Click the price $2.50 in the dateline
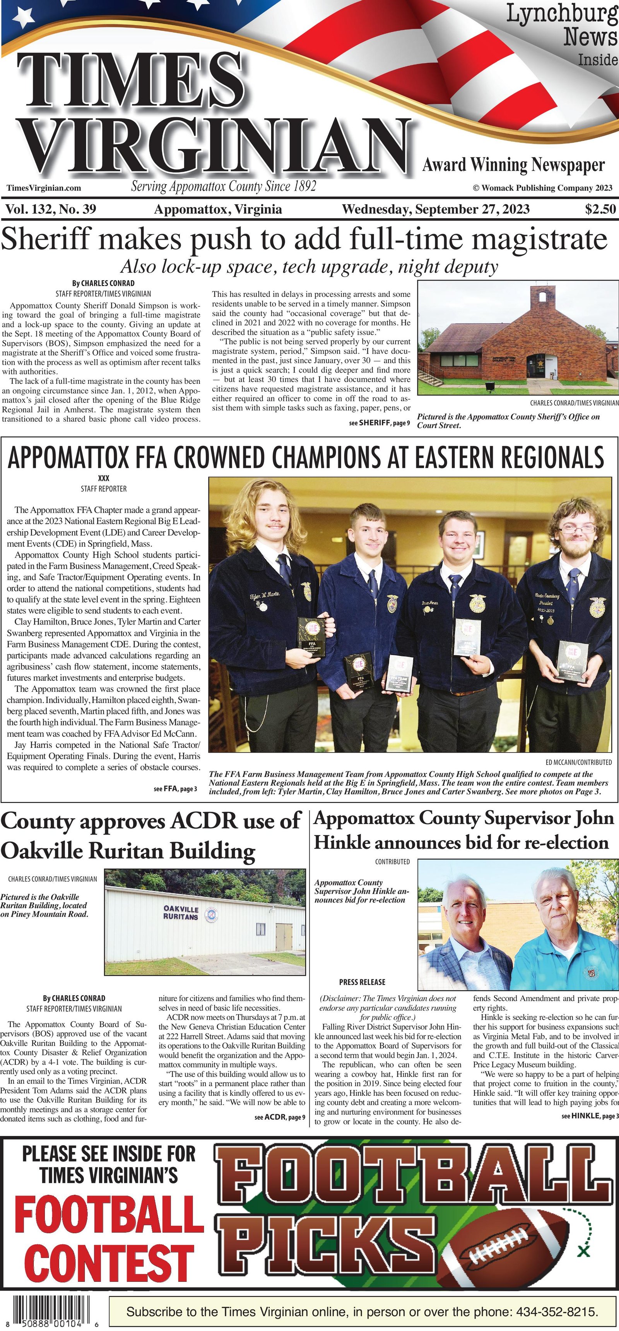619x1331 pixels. point(600,209)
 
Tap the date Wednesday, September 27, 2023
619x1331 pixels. point(436,209)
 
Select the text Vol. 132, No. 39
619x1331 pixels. point(51,209)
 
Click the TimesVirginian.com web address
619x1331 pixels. point(44,188)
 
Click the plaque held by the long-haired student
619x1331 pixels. point(311,637)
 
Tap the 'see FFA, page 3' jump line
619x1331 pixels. point(175,789)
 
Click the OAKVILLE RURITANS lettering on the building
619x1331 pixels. point(181,912)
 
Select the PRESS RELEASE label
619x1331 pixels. point(362,982)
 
